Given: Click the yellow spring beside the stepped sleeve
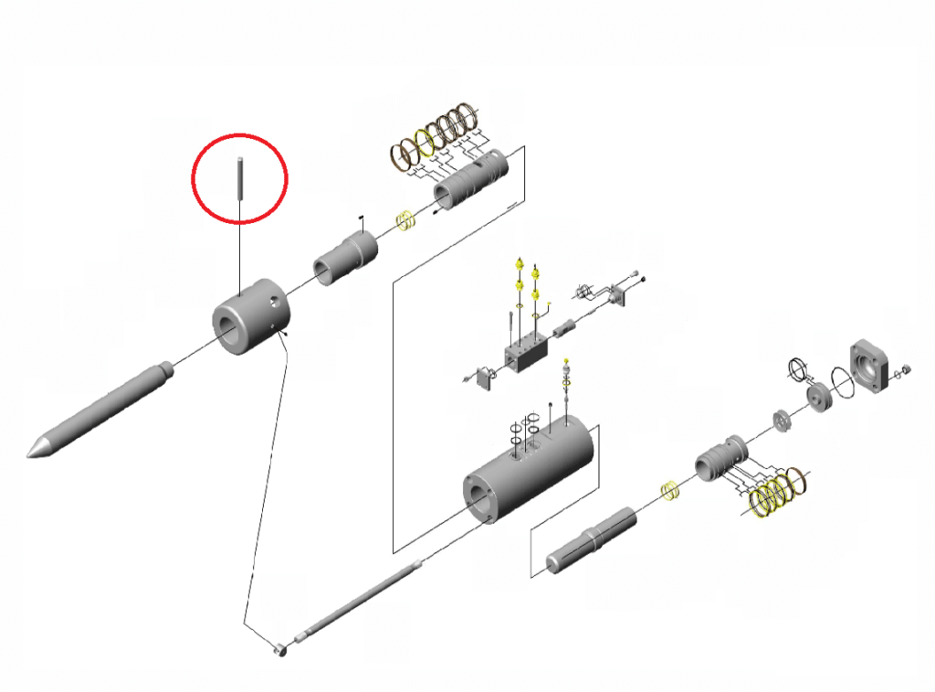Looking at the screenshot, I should [404, 220].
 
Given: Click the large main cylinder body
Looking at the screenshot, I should [530, 470].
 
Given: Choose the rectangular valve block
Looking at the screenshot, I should [524, 351].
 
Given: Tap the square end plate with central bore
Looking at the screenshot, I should [871, 367].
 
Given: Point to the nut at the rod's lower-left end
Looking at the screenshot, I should [282, 650].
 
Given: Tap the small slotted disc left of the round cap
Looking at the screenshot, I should [783, 421].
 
